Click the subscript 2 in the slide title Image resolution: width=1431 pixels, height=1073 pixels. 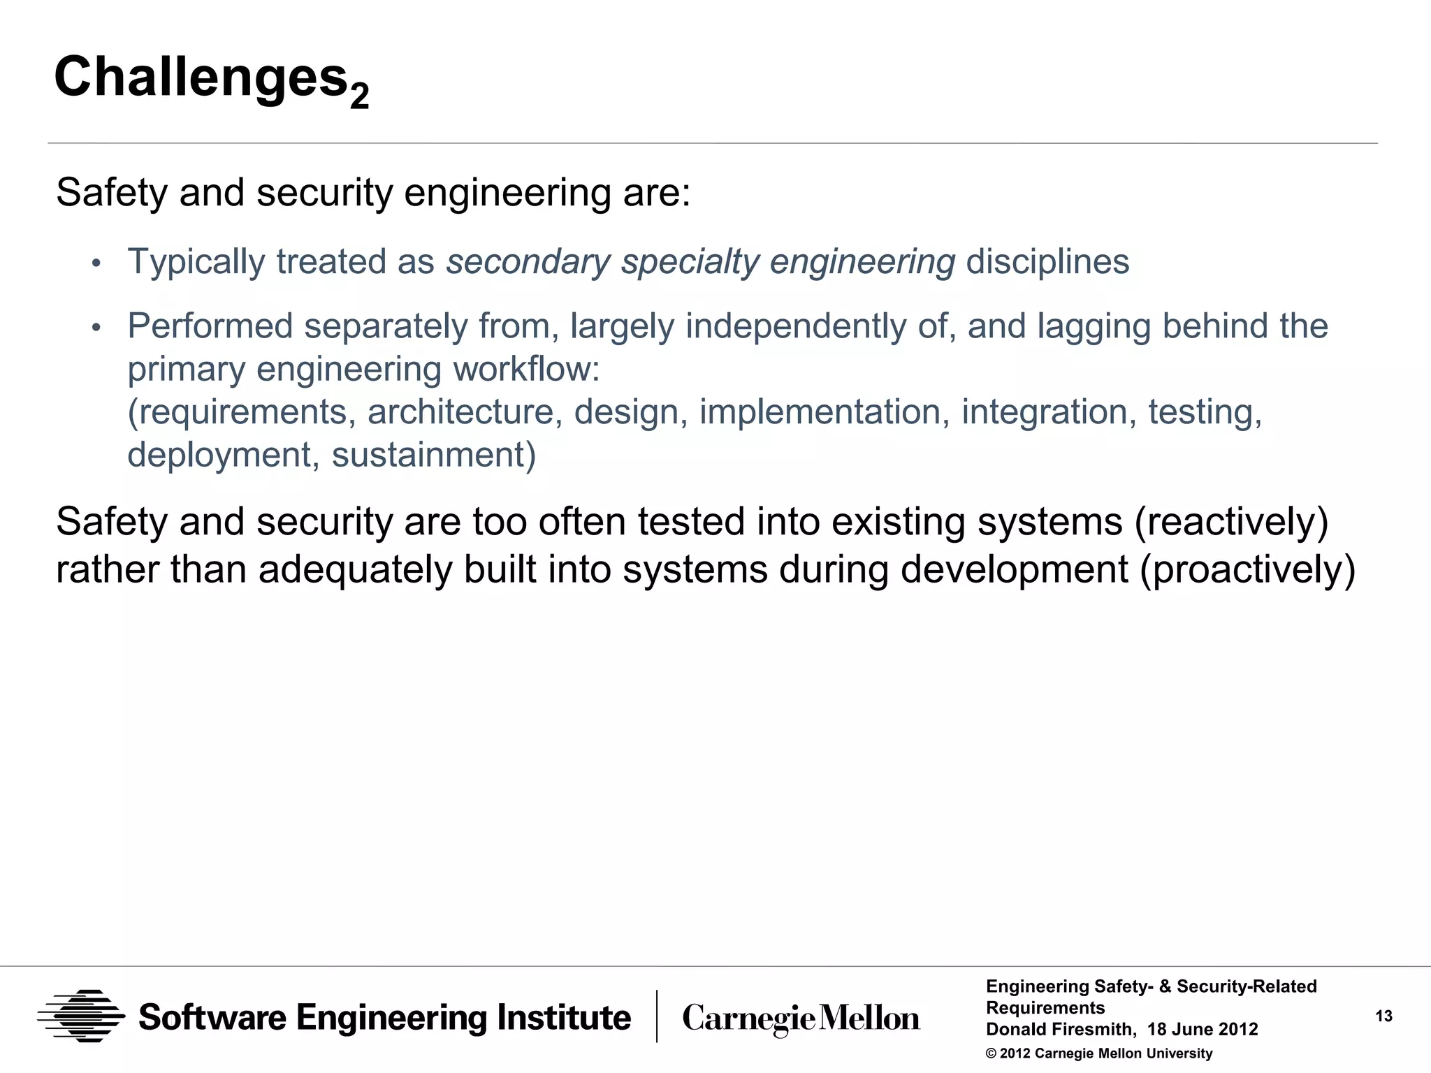tap(359, 96)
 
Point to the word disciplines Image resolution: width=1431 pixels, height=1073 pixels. tap(1047, 262)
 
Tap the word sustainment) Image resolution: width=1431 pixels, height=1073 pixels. tap(433, 455)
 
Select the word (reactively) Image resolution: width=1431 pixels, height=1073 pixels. tap(1231, 523)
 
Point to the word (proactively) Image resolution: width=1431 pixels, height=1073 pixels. tap(1247, 569)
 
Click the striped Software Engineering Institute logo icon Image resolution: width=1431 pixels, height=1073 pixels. tap(82, 1016)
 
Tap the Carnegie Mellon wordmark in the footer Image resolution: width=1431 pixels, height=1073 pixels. tap(801, 1018)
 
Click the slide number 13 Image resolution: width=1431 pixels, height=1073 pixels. tap(1383, 1016)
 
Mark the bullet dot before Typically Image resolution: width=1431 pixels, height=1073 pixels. tap(96, 263)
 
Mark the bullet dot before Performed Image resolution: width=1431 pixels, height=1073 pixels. tap(96, 328)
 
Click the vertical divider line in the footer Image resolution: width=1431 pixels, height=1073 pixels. tap(657, 1016)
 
